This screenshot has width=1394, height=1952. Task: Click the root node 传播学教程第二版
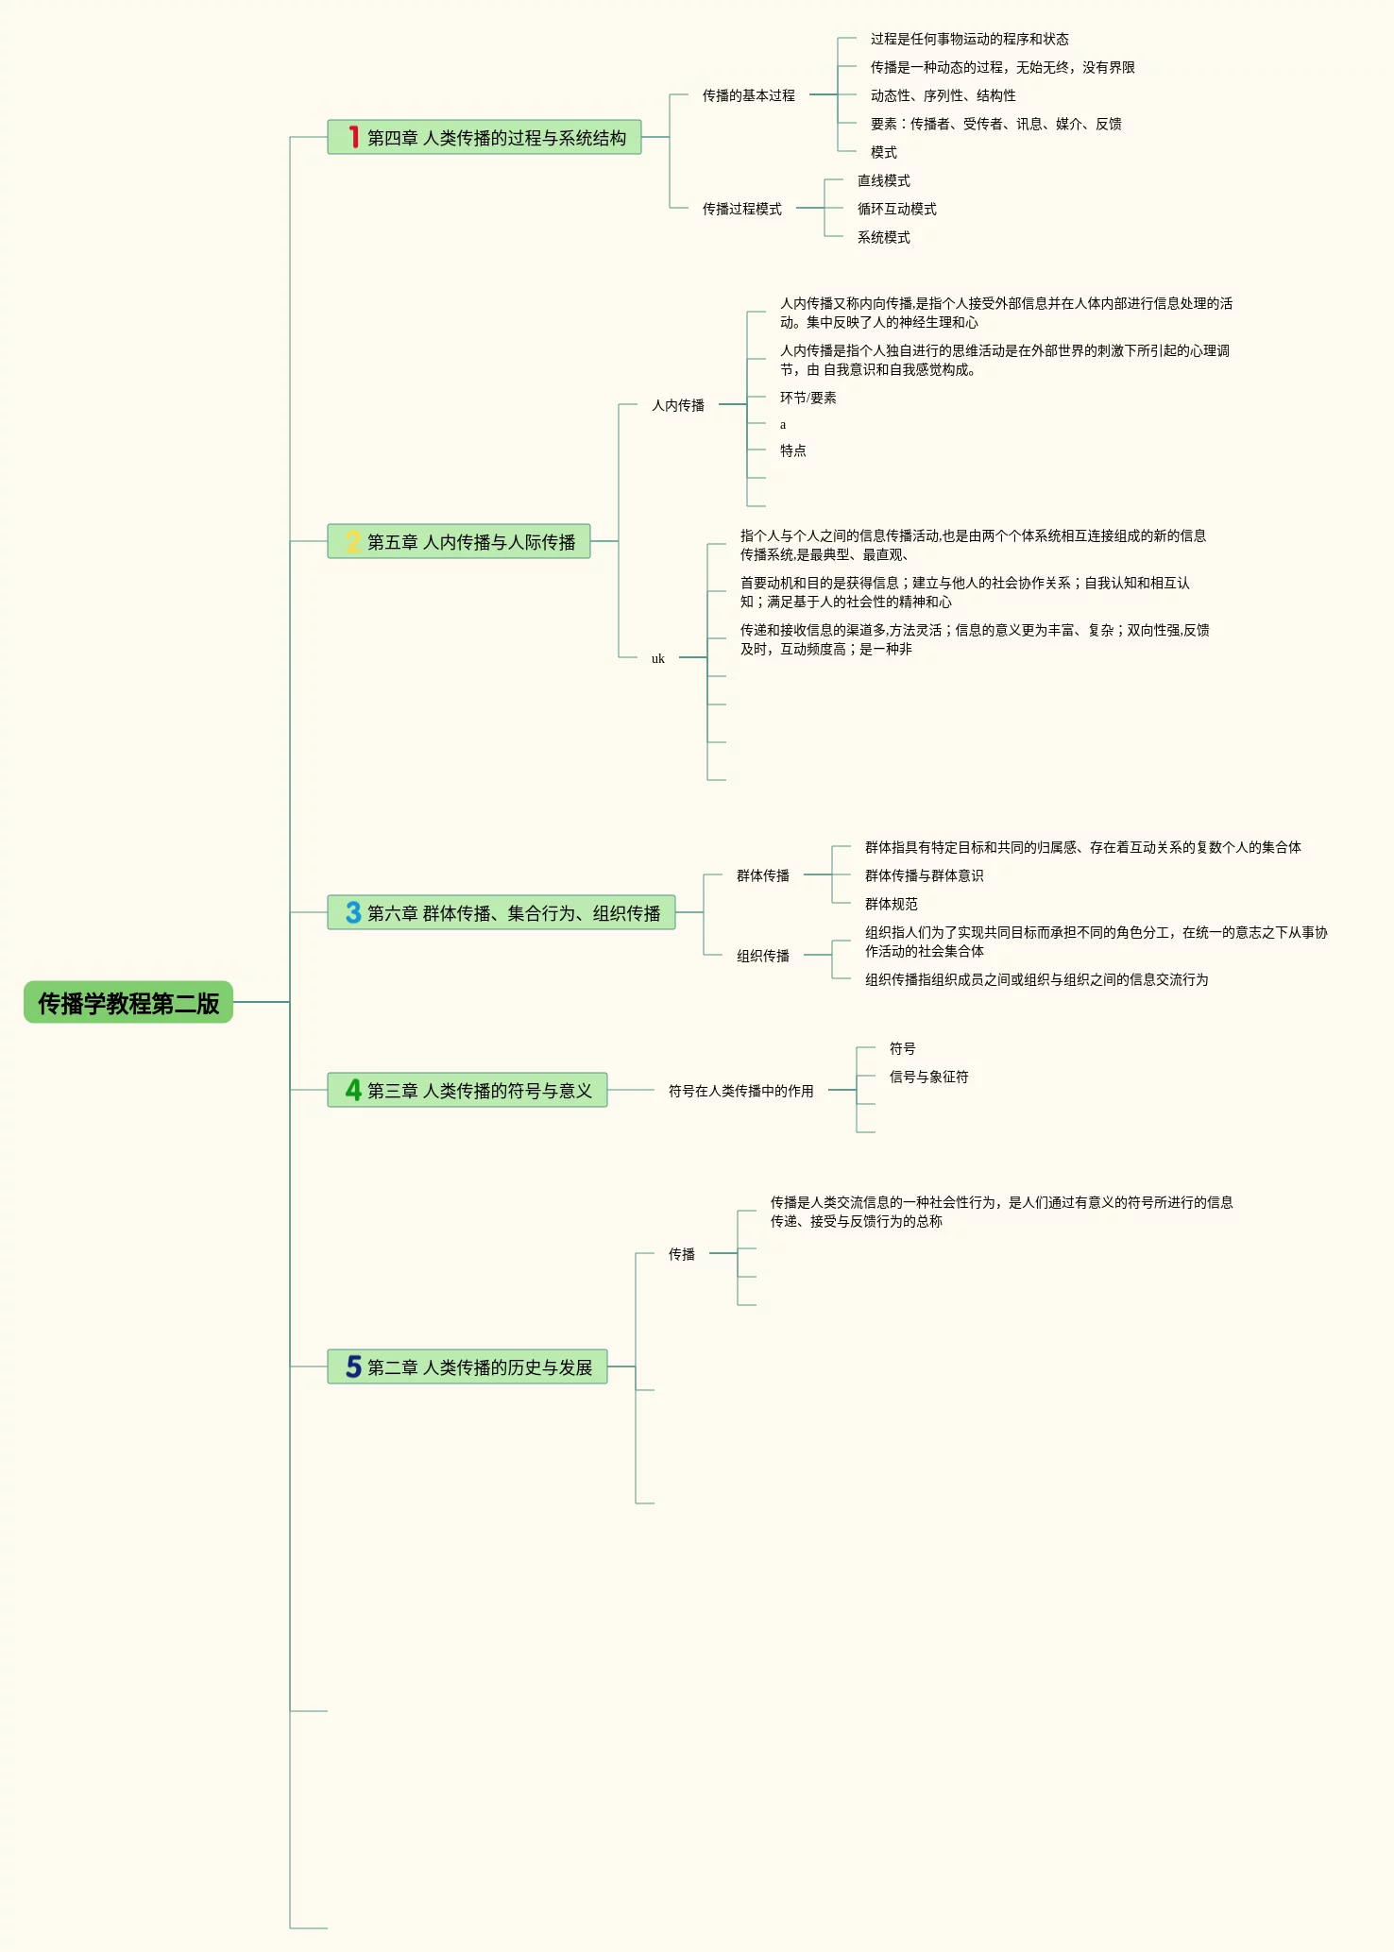[x=128, y=1002]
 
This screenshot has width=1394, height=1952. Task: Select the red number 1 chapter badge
[x=353, y=137]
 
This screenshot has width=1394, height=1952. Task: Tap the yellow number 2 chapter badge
[x=353, y=541]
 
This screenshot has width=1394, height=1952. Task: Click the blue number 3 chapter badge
[x=353, y=912]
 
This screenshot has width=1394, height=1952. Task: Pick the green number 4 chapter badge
[x=353, y=1090]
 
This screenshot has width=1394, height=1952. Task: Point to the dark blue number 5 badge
[x=353, y=1366]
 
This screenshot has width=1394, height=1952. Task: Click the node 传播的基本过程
[x=748, y=95]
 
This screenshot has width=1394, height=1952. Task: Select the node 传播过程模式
[x=741, y=209]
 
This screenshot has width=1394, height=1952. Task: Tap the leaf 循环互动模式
[x=896, y=209]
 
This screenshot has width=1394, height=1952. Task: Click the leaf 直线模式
[x=883, y=180]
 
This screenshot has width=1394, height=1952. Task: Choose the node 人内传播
[x=677, y=405]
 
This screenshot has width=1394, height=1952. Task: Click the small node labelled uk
[x=657, y=658]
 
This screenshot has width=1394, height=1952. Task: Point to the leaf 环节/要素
[x=807, y=398]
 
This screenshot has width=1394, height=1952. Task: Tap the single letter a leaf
[x=783, y=425]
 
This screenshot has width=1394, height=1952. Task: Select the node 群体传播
[x=762, y=875]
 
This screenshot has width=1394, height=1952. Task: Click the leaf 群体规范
[x=891, y=904]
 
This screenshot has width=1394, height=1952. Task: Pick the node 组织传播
[x=762, y=956]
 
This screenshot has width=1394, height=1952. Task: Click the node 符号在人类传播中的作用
[x=740, y=1091]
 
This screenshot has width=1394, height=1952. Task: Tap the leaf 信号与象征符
[x=928, y=1077]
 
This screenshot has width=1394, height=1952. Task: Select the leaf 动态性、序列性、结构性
[x=943, y=95]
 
